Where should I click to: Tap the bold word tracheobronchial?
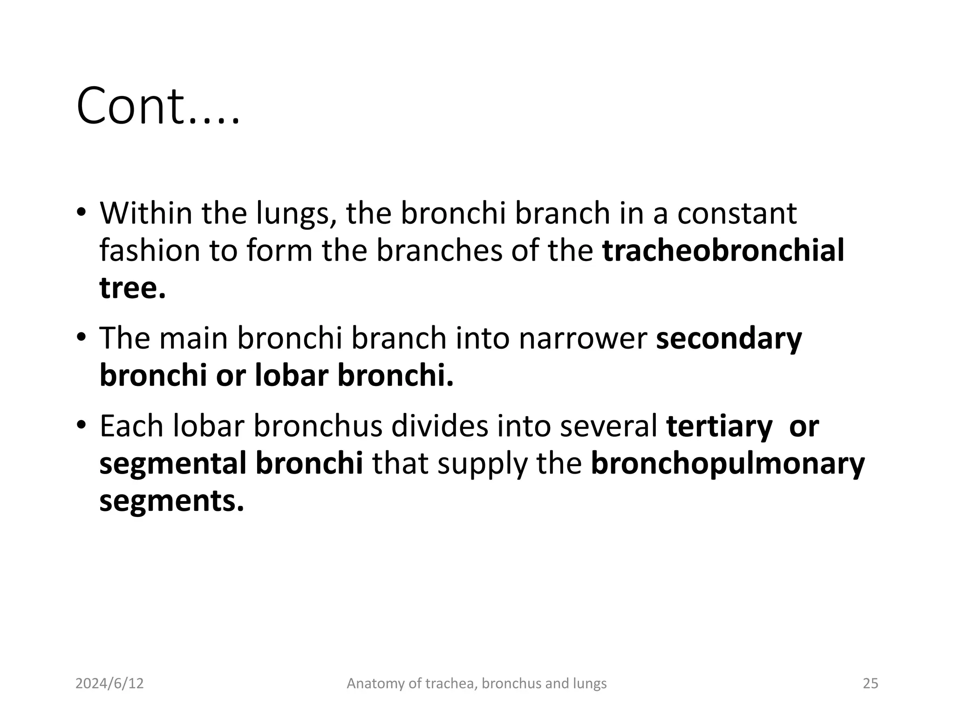coord(723,250)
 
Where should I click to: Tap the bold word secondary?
coord(729,338)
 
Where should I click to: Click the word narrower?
coord(583,338)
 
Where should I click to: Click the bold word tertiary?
coord(719,427)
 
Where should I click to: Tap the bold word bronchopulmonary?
coord(728,464)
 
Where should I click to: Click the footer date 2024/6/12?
coord(109,683)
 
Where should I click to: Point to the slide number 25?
coord(870,683)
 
